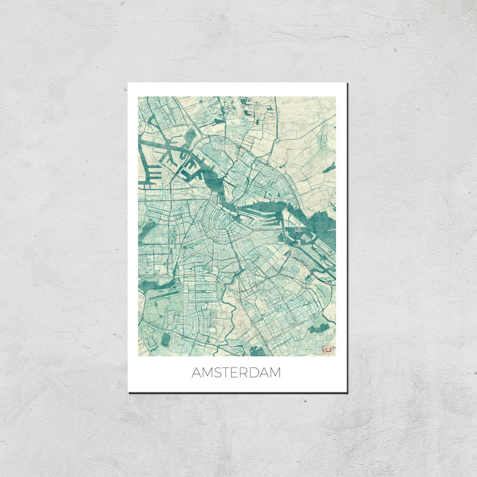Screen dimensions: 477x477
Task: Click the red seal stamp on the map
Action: pos(327,349)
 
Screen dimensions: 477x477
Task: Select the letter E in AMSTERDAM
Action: pos(234,373)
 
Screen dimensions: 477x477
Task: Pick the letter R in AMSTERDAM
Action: pos(244,373)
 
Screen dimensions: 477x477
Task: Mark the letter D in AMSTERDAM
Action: pos(254,373)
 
